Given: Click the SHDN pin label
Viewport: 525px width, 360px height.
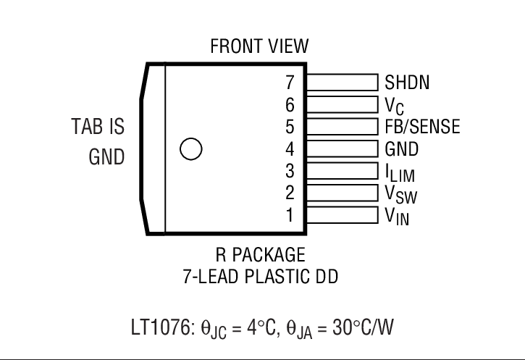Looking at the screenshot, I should pos(407,83).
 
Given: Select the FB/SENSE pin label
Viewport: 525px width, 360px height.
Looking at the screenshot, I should pos(421,127).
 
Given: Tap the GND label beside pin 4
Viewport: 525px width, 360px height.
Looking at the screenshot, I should pos(401,149).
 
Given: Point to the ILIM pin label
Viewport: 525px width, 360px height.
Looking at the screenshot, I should pos(400,172).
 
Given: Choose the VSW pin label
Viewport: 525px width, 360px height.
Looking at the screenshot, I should pos(400,194).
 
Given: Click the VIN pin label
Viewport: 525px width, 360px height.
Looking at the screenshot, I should pos(396,216).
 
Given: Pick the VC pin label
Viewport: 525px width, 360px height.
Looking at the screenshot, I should pos(394,105).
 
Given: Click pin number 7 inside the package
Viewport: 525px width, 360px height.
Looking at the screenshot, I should pos(290,83).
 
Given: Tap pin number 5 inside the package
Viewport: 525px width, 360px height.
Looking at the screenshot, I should pos(290,127).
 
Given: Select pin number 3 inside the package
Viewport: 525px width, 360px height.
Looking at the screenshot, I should pos(290,172).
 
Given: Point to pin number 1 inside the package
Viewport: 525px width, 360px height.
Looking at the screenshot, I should pos(290,215).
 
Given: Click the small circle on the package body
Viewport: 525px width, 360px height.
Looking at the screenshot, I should pos(190,149).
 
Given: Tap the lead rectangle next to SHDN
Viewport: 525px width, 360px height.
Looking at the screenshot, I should pos(342,82).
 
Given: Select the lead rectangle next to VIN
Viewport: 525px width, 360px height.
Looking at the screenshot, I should pos(342,215).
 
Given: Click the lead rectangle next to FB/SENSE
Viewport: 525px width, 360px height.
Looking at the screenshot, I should pos(342,127).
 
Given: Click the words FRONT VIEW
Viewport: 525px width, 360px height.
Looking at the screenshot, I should pos(259,46).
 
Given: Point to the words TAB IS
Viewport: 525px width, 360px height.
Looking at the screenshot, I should pos(96,127).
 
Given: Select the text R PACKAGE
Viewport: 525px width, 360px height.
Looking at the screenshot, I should pos(260,256).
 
